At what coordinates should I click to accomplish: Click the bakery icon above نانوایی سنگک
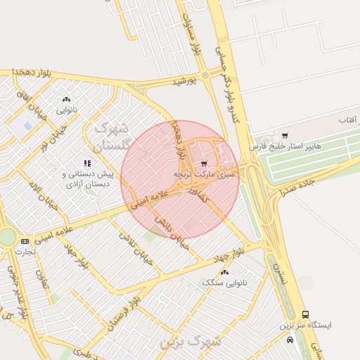pyautogui.click(x=224, y=272)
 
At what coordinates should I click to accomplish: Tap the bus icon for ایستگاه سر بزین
pyautogui.click(x=305, y=314)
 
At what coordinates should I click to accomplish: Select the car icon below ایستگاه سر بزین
pyautogui.click(x=290, y=339)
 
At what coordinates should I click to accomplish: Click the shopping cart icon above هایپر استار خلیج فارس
pyautogui.click(x=285, y=136)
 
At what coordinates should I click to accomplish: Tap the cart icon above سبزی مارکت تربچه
pyautogui.click(x=204, y=163)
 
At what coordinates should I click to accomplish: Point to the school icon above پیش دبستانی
pyautogui.click(x=87, y=163)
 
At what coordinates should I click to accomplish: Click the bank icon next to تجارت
pyautogui.click(x=25, y=241)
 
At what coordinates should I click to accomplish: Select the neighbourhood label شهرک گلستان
pyautogui.click(x=112, y=136)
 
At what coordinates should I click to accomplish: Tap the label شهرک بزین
pyautogui.click(x=191, y=342)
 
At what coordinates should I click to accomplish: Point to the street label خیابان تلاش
pyautogui.click(x=134, y=246)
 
